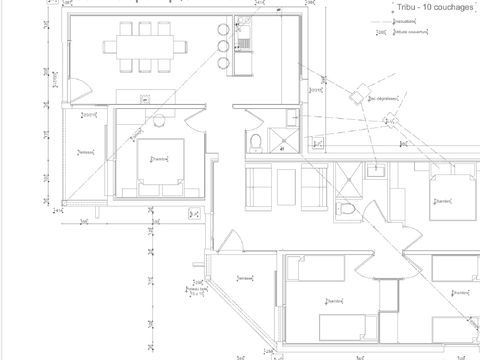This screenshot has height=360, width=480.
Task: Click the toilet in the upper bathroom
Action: pos(256,139)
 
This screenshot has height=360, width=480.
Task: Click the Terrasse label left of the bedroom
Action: pos(85,152)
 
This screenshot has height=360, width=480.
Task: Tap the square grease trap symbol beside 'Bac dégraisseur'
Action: pos(357,97)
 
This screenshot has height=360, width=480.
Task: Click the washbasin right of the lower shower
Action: pos(377,170)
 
